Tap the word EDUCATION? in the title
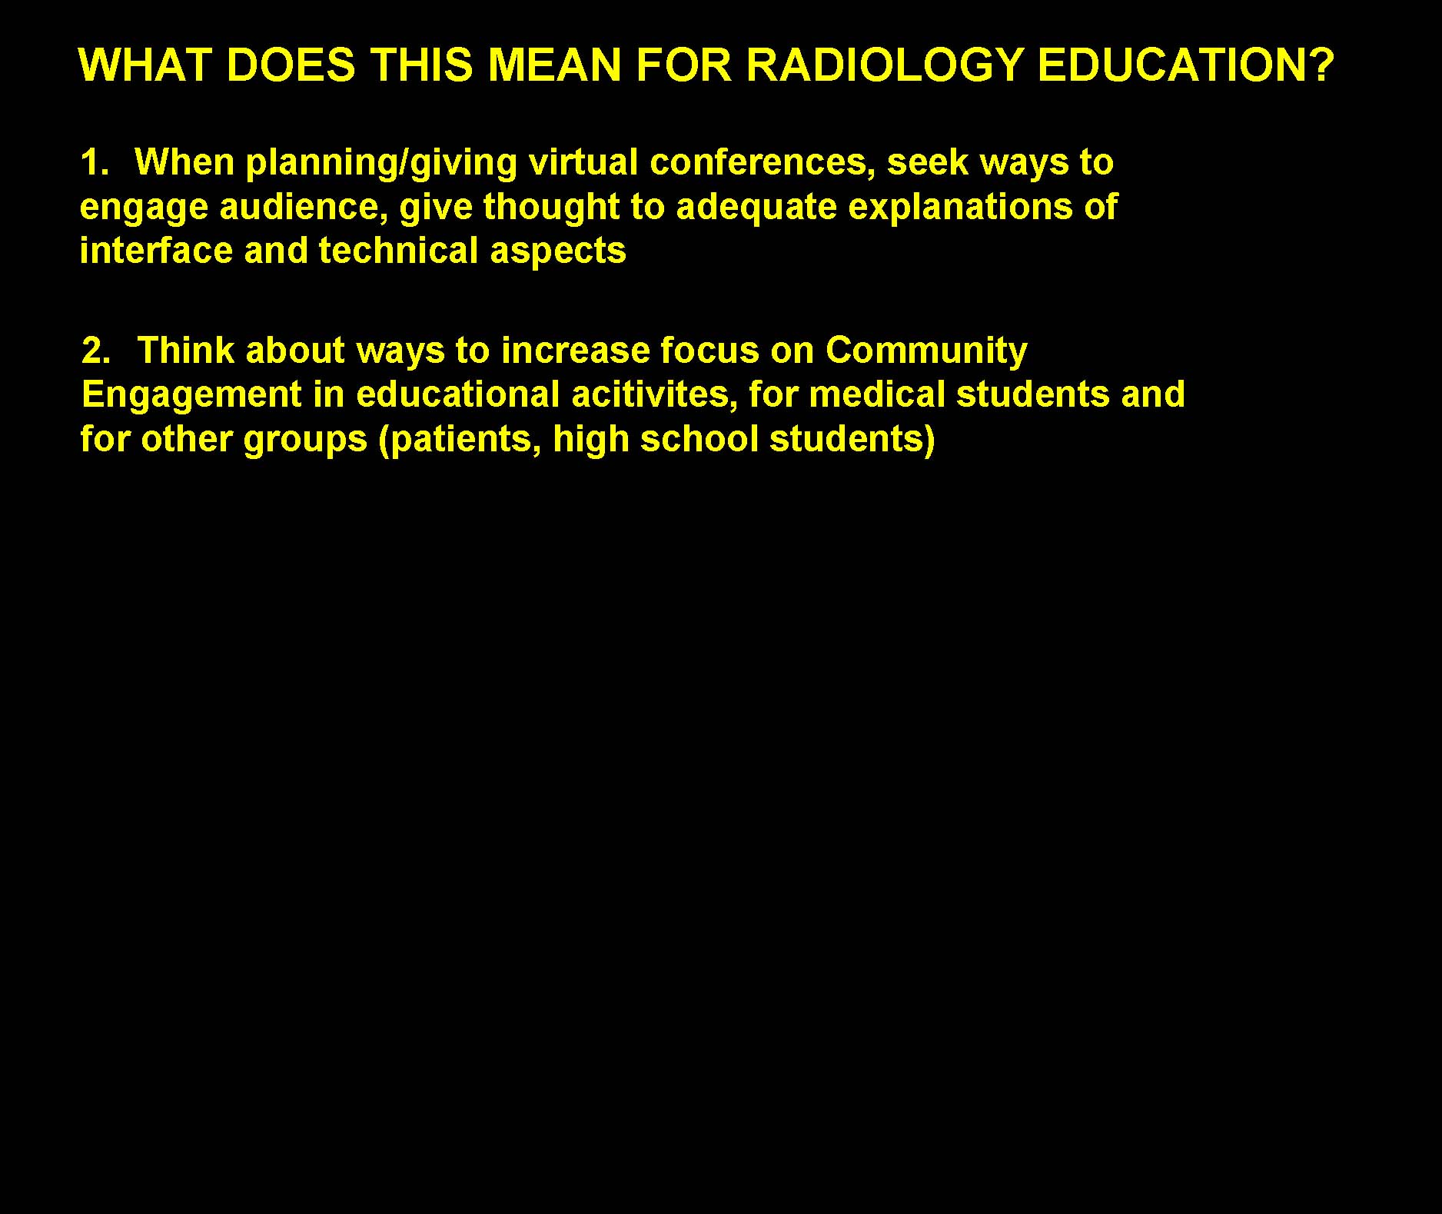pos(1184,65)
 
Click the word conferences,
pos(763,164)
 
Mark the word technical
pos(399,251)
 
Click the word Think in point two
pos(185,351)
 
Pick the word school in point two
pos(699,439)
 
